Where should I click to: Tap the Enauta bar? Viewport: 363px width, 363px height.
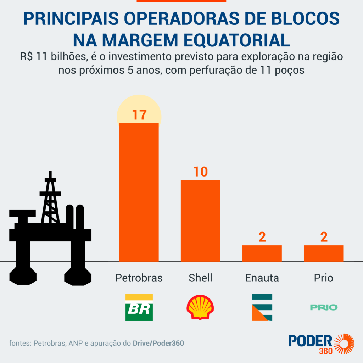click(262, 253)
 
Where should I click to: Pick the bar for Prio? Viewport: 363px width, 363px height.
click(323, 253)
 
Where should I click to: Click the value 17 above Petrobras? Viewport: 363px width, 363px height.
click(139, 115)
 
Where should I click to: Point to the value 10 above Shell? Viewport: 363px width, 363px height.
click(200, 172)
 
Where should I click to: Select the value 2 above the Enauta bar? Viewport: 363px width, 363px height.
click(262, 237)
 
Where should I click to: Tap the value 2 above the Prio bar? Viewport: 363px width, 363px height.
click(324, 237)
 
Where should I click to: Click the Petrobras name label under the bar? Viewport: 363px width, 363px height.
click(139, 278)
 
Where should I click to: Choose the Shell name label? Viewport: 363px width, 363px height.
click(200, 278)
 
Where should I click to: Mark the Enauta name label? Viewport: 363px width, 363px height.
click(262, 278)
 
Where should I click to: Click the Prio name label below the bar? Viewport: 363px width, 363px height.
click(324, 278)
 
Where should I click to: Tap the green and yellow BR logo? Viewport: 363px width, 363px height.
click(139, 307)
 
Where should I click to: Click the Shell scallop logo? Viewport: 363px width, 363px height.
click(200, 307)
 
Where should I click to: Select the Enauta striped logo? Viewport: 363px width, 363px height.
click(262, 307)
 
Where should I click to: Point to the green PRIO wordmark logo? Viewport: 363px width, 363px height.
click(324, 307)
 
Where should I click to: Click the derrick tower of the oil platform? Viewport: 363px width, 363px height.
click(50, 199)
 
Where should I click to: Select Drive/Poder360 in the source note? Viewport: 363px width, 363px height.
click(158, 343)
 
